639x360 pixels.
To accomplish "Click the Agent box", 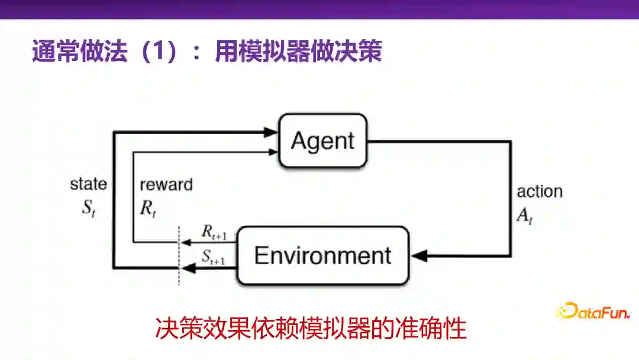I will coord(322,140).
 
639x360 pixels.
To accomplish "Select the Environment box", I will coord(322,255).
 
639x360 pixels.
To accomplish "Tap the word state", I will coord(89,184).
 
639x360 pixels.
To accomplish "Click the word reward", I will coord(166,184).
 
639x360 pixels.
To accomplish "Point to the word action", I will coord(540,191).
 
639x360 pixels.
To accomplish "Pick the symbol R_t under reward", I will coord(149,210).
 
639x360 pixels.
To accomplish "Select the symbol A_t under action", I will coord(525,216).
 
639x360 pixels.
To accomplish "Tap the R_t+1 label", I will coord(214,234).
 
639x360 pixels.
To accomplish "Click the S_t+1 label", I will coord(213,258).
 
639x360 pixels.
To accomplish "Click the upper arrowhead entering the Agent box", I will coord(272,133).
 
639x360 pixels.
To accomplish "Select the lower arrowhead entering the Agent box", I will coord(273,152).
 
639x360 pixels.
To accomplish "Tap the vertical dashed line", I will coord(179,255).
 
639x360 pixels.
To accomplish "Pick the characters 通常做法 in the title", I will coord(79,52).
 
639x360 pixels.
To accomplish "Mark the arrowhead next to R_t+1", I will coord(185,242).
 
